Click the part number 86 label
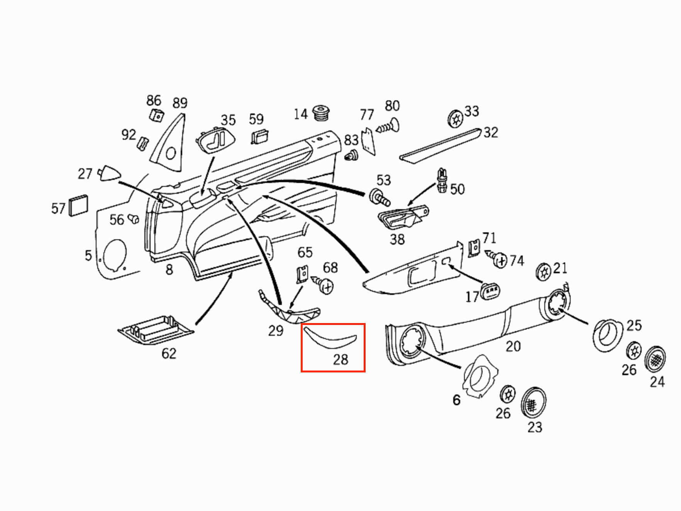[x=153, y=100]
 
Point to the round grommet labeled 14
[x=320, y=112]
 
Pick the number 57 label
[x=58, y=209]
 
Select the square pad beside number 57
[x=78, y=206]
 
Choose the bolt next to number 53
[x=379, y=197]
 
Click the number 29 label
[x=276, y=331]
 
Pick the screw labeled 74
[x=497, y=259]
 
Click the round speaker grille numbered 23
[x=534, y=403]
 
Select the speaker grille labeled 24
[x=655, y=359]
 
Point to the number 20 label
[x=513, y=346]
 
